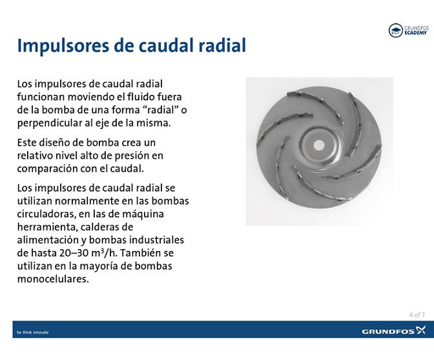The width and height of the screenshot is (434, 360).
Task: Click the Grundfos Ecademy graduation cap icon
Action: pos(395,30)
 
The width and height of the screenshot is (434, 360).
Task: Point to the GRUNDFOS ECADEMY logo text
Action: pos(417,30)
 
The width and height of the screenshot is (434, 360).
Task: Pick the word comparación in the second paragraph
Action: pos(50,168)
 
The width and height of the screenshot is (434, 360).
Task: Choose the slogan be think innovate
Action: pos(32,332)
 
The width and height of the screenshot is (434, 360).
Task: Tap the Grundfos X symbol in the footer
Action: pos(420,330)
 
